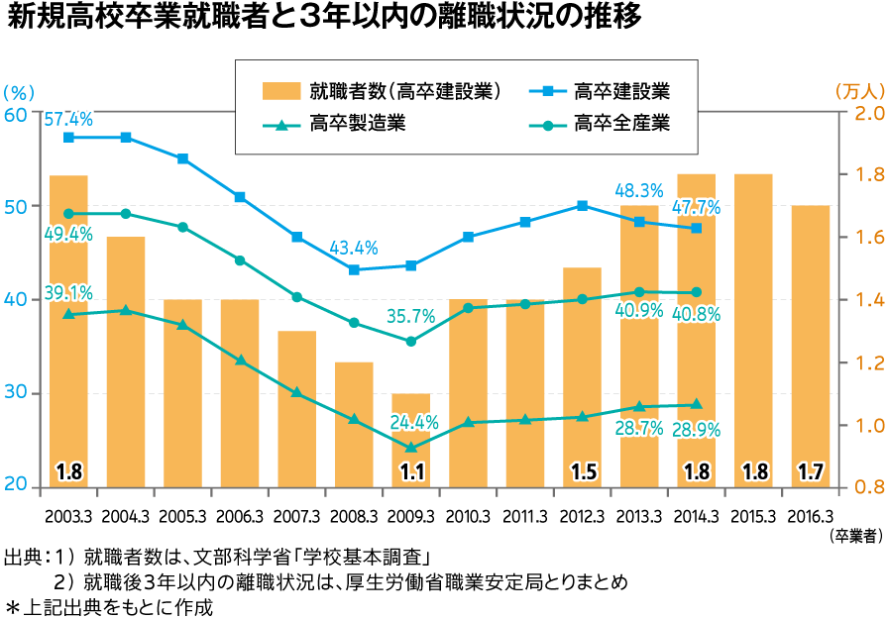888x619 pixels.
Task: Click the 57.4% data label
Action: point(68,120)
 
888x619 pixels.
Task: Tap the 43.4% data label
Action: point(354,248)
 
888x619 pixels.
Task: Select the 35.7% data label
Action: point(410,317)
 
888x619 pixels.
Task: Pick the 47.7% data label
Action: point(696,208)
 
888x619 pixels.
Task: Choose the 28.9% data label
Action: point(696,430)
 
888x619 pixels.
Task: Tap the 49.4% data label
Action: point(68,235)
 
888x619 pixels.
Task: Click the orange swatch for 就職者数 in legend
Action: point(281,92)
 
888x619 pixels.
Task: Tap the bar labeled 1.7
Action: point(811,346)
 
